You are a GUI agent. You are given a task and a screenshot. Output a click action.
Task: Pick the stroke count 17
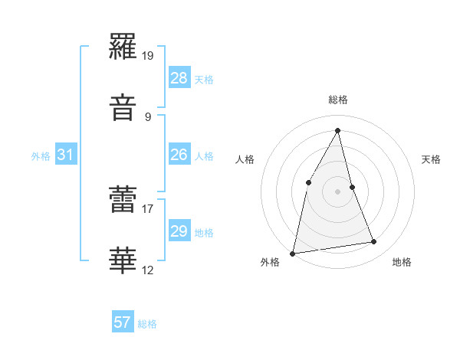point(148,206)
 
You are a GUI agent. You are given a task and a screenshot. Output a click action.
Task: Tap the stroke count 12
point(148,270)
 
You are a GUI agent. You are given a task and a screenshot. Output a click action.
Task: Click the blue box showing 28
point(179,78)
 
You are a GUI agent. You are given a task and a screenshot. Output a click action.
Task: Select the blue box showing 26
point(179,155)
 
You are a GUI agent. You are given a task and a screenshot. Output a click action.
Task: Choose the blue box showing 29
point(179,231)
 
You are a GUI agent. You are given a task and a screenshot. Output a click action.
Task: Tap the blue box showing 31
point(66,155)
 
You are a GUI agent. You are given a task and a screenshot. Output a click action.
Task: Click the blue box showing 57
point(123,322)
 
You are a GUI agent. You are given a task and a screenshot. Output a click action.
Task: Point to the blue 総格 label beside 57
point(147,324)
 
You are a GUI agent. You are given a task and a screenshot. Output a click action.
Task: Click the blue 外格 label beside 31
point(41,156)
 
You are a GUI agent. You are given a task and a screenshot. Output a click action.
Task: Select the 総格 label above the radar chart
point(338,100)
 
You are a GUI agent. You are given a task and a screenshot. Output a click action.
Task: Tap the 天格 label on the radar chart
point(432,159)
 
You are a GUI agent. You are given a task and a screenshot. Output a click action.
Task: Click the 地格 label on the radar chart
point(402,263)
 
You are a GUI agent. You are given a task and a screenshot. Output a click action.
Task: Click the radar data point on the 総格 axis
point(338,129)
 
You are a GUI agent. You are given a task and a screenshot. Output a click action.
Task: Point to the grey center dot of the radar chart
point(338,191)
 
